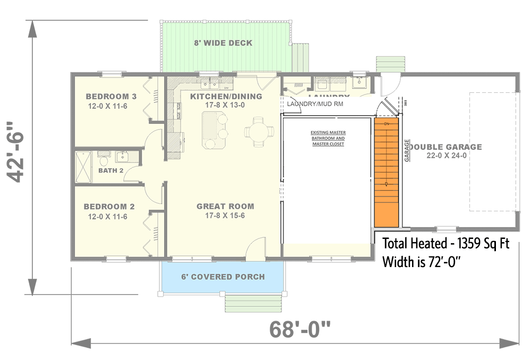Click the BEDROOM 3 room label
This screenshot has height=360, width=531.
tap(111, 97)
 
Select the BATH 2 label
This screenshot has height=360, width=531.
tap(111, 170)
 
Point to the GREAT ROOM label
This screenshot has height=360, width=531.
tap(225, 206)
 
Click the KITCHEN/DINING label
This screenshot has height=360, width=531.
tap(226, 97)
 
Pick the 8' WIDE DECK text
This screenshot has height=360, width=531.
tap(222, 43)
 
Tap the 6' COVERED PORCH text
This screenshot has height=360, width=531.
tap(223, 277)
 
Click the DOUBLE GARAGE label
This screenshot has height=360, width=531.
tap(446, 147)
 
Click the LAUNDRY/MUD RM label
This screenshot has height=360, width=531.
tap(315, 104)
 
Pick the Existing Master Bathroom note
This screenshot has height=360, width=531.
tap(327, 138)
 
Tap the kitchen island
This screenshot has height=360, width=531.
tap(211, 131)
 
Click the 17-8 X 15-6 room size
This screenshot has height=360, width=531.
tap(225, 216)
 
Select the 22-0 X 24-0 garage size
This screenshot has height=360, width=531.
tap(446, 156)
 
